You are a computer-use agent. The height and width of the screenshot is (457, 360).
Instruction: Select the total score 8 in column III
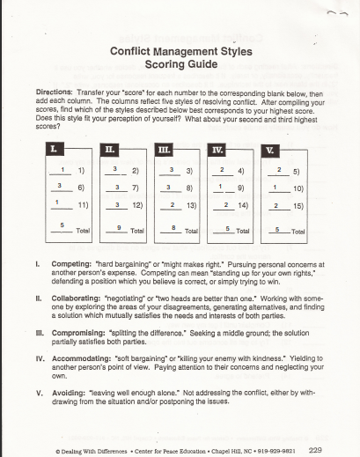(173, 226)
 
